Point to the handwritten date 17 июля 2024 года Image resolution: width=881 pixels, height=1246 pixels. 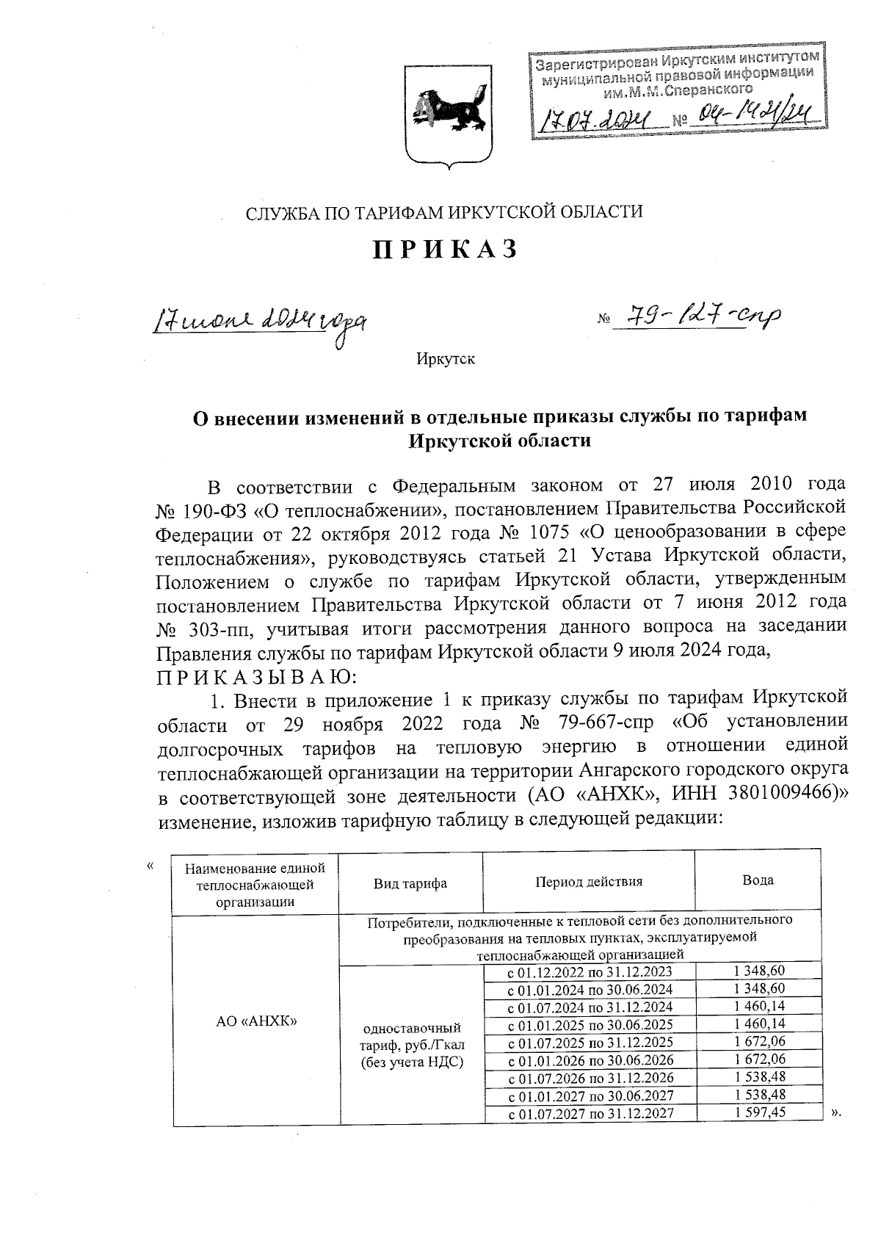pos(259,321)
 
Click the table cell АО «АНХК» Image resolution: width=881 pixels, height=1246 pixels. pos(255,1021)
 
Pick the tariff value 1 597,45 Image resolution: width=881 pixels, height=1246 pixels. pos(760,1112)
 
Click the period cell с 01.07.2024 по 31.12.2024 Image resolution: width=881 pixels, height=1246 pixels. pos(590,1007)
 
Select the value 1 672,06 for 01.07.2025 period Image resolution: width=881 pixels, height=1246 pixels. pos(760,1042)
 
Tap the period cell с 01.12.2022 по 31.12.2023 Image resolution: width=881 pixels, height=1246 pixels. pos(590,971)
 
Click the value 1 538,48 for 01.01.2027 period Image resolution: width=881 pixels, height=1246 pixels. pos(760,1095)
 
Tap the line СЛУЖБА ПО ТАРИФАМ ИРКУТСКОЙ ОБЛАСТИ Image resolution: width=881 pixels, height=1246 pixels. pos(443,213)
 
